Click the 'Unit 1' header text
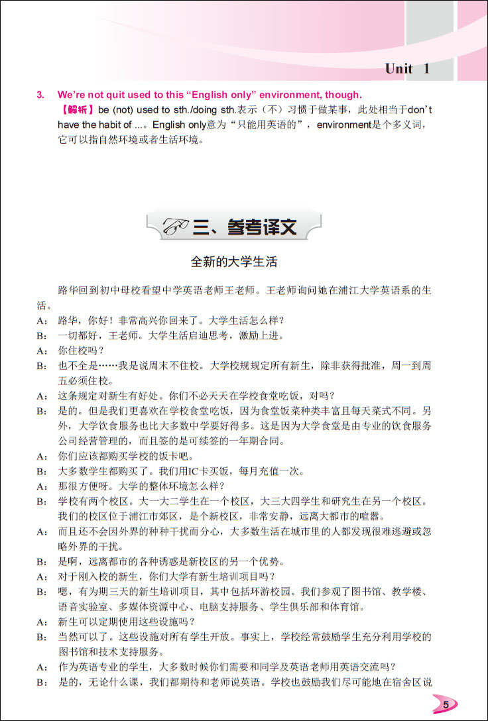pyautogui.click(x=408, y=68)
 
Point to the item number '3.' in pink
pyautogui.click(x=40, y=94)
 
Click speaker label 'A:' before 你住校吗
pyautogui.click(x=42, y=351)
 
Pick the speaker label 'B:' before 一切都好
pyautogui.click(x=42, y=336)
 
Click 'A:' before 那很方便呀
pyautogui.click(x=42, y=486)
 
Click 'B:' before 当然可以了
pyautogui.click(x=42, y=637)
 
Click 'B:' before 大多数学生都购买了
pyautogui.click(x=42, y=472)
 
